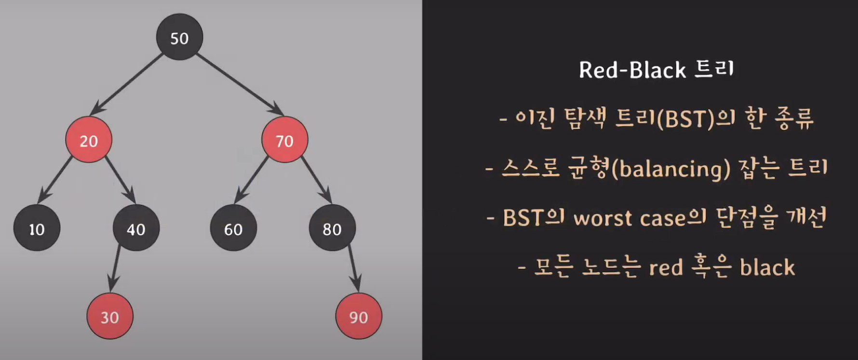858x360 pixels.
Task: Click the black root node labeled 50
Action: pos(179,37)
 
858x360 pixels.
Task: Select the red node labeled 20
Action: pos(89,140)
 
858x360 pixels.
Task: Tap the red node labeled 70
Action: pos(284,140)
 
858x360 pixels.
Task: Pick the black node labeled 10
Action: pos(37,228)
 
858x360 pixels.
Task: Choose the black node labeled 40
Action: pos(136,228)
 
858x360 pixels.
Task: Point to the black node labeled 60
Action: pos(233,228)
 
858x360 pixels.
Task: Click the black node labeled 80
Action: pos(332,228)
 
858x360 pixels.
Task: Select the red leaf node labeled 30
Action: pos(110,316)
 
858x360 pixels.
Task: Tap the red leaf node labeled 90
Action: pos(359,316)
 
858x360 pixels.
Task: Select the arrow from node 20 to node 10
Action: pos(55,179)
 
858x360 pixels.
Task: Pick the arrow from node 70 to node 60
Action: pos(252,179)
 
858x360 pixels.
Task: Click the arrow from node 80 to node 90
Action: pos(353,268)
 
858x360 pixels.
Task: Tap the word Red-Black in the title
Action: pos(632,70)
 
